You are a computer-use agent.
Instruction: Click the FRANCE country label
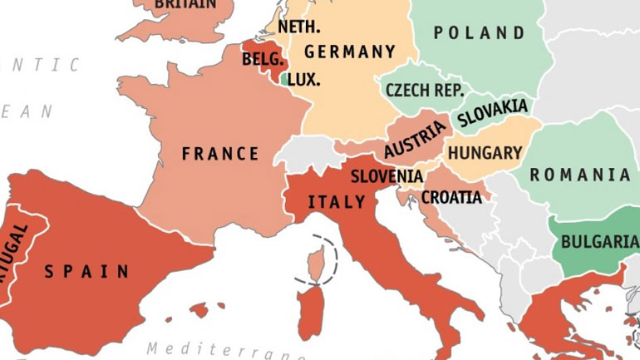click(220, 154)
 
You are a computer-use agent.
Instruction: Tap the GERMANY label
click(349, 52)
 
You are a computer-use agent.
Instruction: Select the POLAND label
click(480, 33)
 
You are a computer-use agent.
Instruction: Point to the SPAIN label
click(87, 271)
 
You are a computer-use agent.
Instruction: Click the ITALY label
click(337, 202)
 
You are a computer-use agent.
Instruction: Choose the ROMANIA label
click(580, 175)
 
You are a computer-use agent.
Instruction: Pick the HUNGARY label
click(485, 153)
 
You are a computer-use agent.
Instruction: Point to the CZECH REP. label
click(424, 90)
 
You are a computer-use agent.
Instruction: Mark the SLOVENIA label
click(386, 176)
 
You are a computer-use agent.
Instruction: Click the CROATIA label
click(451, 198)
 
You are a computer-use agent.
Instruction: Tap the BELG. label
click(263, 60)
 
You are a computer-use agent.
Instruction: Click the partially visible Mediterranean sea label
click(224, 350)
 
